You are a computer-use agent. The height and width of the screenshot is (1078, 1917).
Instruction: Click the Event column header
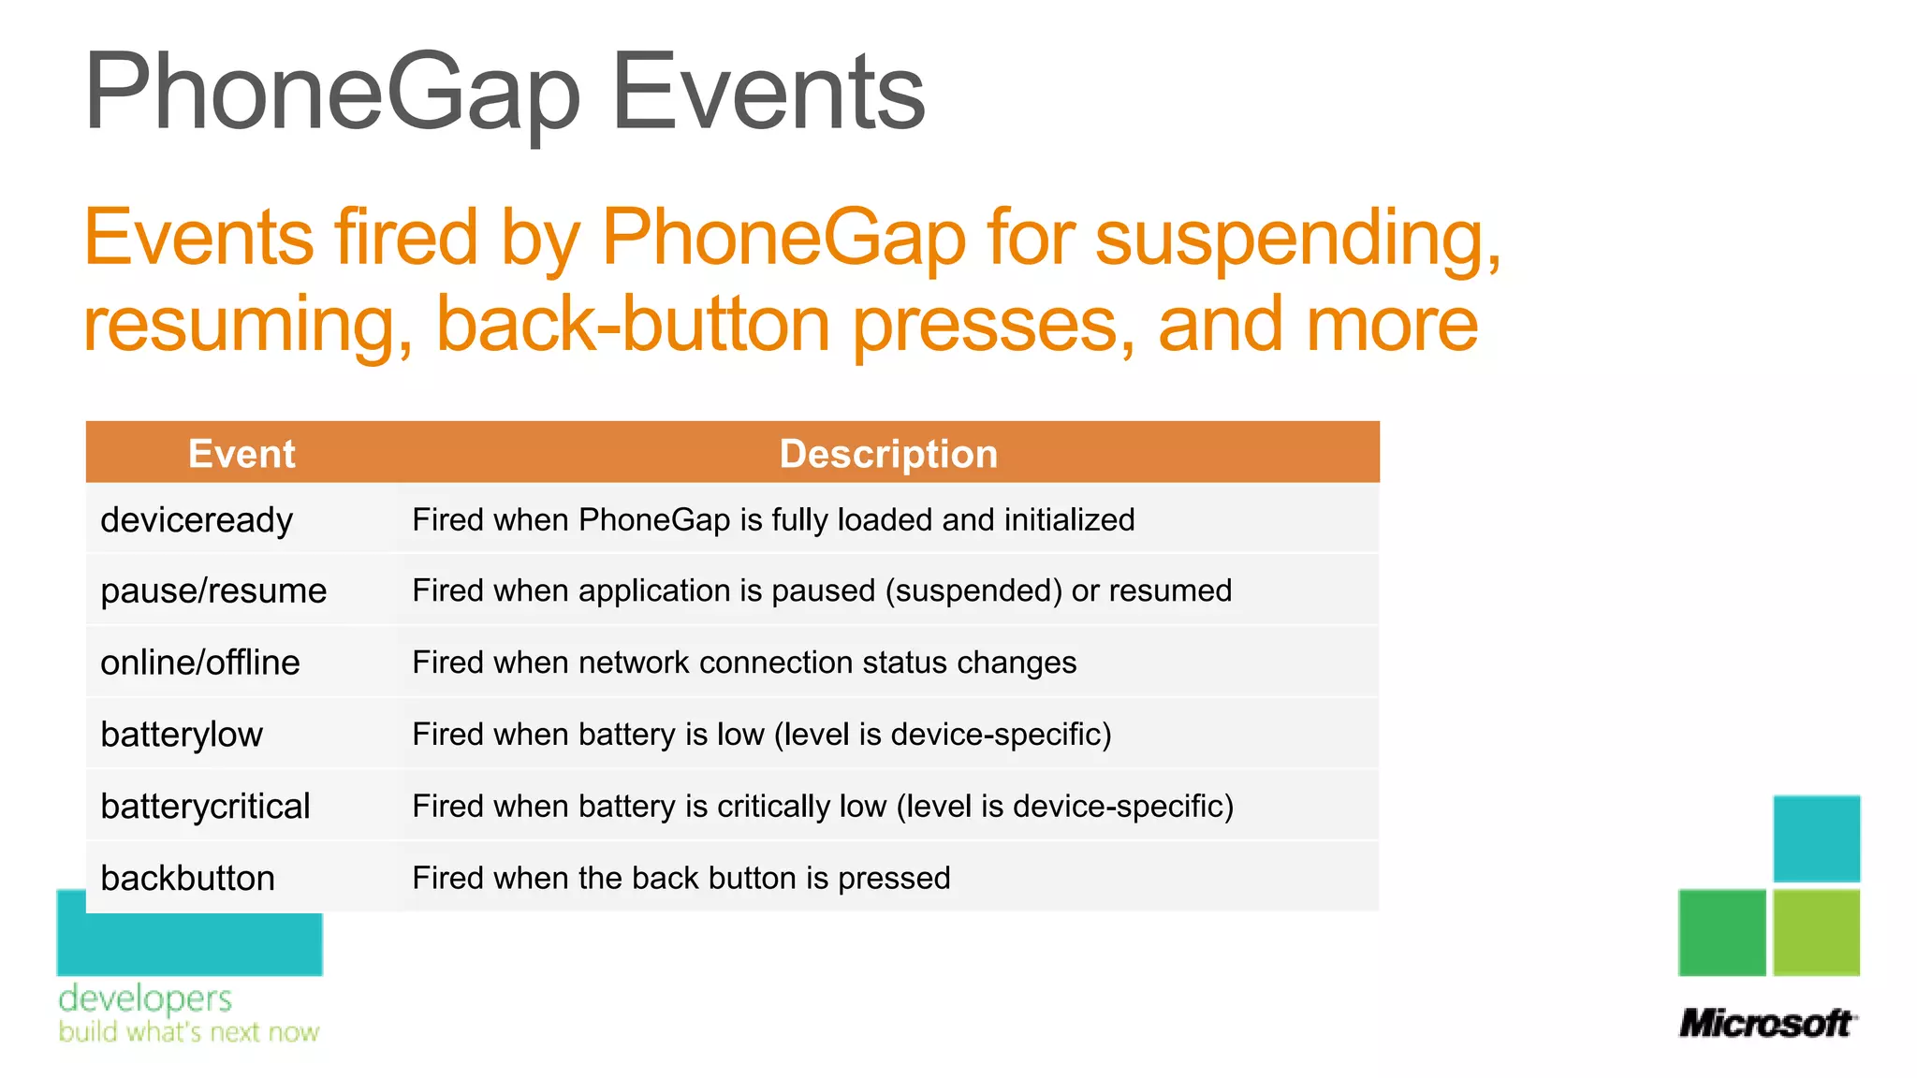[x=241, y=454]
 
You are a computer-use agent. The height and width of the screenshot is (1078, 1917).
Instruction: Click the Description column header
[x=888, y=454]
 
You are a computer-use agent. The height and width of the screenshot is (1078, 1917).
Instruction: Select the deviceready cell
[x=197, y=520]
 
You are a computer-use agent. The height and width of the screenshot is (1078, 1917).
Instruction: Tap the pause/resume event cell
[x=213, y=591]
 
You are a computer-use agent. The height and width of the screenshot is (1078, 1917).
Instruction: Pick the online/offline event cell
[x=200, y=663]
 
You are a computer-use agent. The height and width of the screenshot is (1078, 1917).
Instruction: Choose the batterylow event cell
[x=182, y=735]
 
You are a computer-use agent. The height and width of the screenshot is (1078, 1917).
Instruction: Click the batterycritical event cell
[x=205, y=807]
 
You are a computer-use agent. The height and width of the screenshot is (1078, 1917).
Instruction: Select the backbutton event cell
[x=187, y=878]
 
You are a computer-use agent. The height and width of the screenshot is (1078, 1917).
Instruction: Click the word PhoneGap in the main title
[x=332, y=94]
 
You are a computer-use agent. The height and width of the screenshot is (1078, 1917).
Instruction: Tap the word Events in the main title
[x=768, y=94]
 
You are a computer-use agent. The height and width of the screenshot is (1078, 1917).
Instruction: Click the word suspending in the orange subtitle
[x=1297, y=238]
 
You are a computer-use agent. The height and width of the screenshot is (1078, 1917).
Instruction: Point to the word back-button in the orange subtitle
[x=633, y=324]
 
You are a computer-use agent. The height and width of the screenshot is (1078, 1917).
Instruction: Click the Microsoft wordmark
[x=1766, y=1023]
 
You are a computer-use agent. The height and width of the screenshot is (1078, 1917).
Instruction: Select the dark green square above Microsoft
[x=1721, y=932]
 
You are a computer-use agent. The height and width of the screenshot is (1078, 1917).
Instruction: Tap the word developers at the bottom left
[x=145, y=998]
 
